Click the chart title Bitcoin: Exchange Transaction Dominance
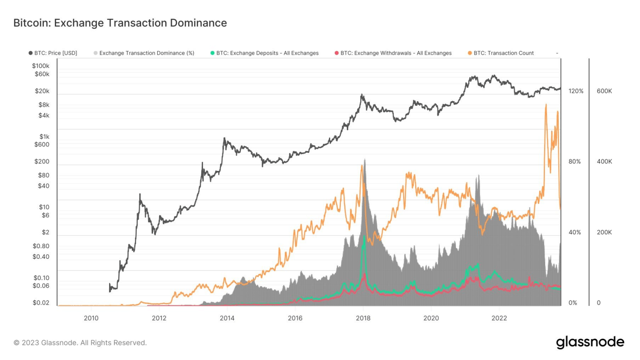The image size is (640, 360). (x=120, y=23)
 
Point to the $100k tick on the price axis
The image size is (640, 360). (x=41, y=66)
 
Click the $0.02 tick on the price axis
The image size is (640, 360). (x=41, y=303)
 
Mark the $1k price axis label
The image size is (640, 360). (x=44, y=136)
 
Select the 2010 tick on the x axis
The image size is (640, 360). (x=91, y=318)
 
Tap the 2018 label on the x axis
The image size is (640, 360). (x=363, y=318)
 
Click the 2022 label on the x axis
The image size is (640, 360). (x=499, y=318)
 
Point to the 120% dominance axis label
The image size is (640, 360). (x=576, y=91)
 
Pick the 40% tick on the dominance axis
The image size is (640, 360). (x=575, y=232)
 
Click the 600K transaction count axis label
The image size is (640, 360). (x=604, y=91)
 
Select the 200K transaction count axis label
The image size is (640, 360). (x=604, y=232)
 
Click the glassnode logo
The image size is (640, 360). (x=590, y=342)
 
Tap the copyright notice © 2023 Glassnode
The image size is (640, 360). (x=80, y=343)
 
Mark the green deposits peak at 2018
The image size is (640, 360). (x=363, y=237)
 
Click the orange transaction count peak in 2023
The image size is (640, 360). (x=546, y=105)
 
